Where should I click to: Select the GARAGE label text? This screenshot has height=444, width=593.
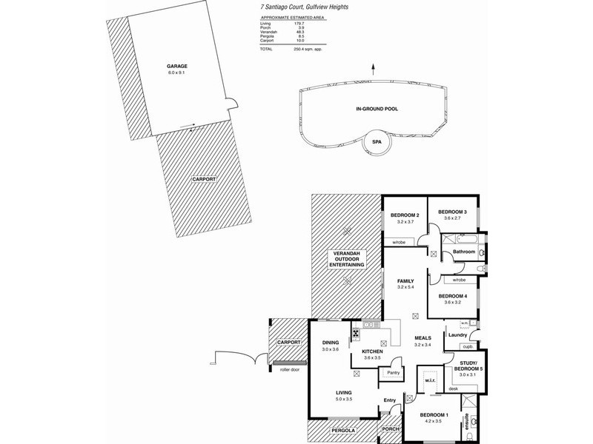point(176,65)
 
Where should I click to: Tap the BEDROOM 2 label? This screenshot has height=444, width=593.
point(405,215)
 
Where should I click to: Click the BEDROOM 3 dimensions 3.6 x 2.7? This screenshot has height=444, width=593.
point(452,219)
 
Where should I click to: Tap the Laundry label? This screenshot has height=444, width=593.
point(457,334)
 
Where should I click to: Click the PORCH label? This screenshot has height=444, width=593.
point(389,430)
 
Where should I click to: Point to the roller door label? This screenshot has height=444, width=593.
point(284,368)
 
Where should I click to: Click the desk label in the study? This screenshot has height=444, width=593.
point(453,388)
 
